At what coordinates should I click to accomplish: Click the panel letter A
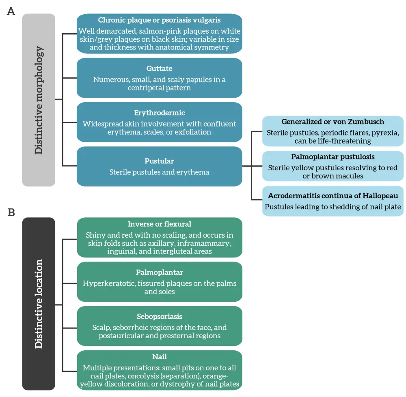pyautogui.click(x=11, y=11)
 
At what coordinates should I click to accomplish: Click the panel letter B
pyautogui.click(x=11, y=212)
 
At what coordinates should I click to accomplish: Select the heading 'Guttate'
pyautogui.click(x=159, y=69)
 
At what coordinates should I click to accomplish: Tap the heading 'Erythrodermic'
pyautogui.click(x=159, y=113)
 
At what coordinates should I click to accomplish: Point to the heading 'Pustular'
pyautogui.click(x=159, y=161)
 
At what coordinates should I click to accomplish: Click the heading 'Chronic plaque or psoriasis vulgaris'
pyautogui.click(x=159, y=20)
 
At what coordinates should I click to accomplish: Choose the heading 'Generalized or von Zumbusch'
pyautogui.click(x=333, y=122)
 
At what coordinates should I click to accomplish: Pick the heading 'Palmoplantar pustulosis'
pyautogui.click(x=333, y=157)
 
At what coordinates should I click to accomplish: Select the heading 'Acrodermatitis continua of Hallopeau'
pyautogui.click(x=333, y=196)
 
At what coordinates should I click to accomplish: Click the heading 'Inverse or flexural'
pyautogui.click(x=159, y=224)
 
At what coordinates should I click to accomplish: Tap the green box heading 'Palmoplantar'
pyautogui.click(x=159, y=273)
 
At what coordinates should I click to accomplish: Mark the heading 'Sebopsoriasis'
pyautogui.click(x=159, y=316)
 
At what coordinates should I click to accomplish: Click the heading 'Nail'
pyautogui.click(x=159, y=357)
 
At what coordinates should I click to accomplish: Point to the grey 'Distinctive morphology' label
pyautogui.click(x=39, y=100)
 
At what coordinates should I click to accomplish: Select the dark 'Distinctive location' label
pyautogui.click(x=39, y=304)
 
